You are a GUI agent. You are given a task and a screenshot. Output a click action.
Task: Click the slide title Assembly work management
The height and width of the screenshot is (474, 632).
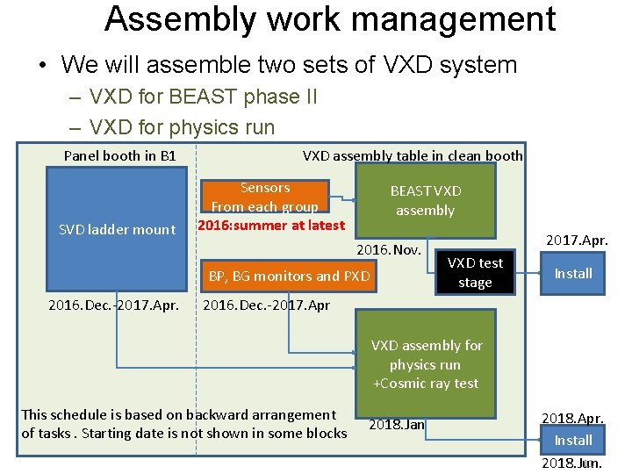pos(329,19)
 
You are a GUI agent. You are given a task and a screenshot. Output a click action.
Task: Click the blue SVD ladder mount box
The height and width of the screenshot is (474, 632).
pos(116,229)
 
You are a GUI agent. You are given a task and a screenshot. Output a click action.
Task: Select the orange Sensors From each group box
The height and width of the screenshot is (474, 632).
pos(264,197)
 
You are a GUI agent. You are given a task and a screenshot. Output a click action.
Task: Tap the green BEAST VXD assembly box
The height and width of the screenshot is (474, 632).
pos(425,201)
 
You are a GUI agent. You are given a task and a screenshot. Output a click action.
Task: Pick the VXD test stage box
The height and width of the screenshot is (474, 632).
pos(475,273)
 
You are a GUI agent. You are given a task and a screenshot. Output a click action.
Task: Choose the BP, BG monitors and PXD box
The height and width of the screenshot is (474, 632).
pos(289,276)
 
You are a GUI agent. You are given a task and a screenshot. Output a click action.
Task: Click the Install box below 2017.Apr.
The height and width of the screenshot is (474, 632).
pos(573,273)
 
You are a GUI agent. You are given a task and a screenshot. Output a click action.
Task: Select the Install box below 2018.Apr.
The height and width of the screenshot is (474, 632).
pos(573,440)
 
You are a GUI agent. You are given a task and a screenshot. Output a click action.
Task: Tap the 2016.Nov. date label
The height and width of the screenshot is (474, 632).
pos(389,250)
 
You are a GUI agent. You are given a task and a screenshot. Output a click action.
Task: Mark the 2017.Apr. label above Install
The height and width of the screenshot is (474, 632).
pos(577,239)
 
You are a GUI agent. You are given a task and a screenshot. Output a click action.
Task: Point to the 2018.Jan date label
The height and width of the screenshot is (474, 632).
pos(397,424)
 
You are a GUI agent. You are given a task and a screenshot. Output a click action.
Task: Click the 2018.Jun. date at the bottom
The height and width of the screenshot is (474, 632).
pos(572,463)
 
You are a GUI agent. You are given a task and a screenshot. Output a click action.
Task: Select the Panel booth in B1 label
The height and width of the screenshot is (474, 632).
pos(119,156)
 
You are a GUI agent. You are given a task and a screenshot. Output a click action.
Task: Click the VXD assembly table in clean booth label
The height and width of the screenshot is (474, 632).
pos(413,156)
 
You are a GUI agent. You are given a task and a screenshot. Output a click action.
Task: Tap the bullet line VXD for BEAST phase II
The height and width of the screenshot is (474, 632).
pos(203,97)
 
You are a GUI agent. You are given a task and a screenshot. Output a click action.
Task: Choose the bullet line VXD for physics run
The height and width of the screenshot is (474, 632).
pos(182,126)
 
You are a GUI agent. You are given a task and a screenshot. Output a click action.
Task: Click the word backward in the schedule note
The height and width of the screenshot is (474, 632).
pos(200,414)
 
